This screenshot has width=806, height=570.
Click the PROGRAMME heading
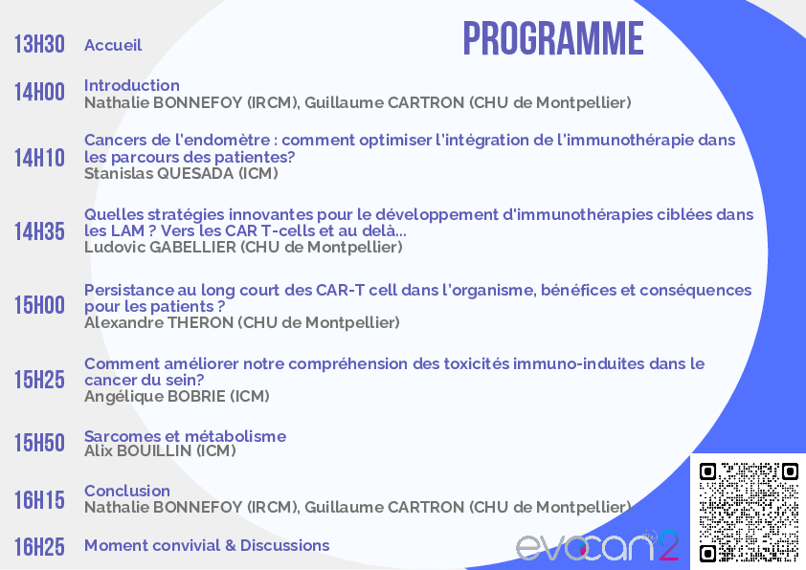point(553,38)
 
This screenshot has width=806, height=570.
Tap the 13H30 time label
point(39,44)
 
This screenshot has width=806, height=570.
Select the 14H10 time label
point(39,158)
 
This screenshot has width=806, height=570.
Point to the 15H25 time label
point(39,380)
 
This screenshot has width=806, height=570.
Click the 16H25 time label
point(39,546)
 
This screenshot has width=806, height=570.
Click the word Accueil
point(113,45)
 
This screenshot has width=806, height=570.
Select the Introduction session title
point(132,85)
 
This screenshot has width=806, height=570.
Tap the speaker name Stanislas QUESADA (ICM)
point(182,173)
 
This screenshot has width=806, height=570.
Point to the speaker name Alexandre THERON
point(159,322)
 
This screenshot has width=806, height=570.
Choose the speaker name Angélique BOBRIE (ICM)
point(177,397)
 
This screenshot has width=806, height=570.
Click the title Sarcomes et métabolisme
point(186,436)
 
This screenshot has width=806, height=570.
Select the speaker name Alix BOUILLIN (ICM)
point(161,450)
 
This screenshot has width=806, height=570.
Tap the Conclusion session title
point(127,491)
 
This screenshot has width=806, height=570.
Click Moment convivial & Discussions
point(207,545)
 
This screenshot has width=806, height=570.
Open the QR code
point(749,512)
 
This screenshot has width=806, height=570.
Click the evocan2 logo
point(597,545)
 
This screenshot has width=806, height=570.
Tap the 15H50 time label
point(39,443)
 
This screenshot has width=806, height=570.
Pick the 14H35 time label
point(39,231)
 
